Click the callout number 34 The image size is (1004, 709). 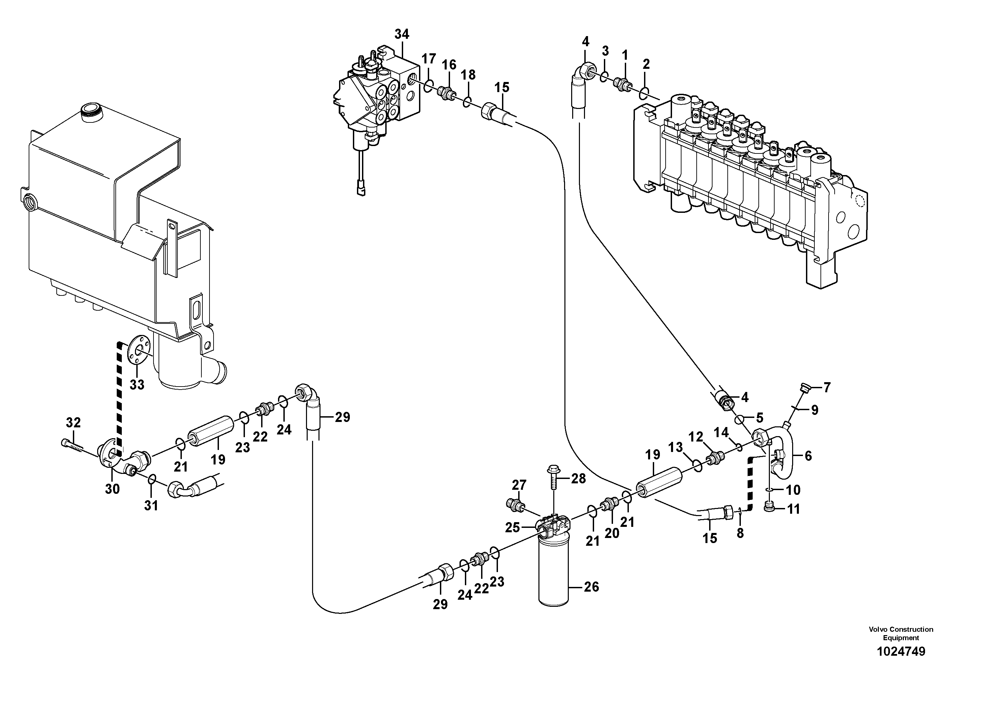pyautogui.click(x=401, y=34)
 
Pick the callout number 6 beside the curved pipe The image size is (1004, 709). pyautogui.click(x=808, y=456)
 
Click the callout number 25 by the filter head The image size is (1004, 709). pyautogui.click(x=512, y=528)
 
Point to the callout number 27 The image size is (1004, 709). pyautogui.click(x=519, y=485)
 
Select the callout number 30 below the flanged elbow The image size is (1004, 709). pyautogui.click(x=112, y=489)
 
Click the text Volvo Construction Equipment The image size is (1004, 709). pyautogui.click(x=901, y=633)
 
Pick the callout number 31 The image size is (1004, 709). pyautogui.click(x=151, y=505)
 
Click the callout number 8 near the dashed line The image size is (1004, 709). pyautogui.click(x=740, y=533)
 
